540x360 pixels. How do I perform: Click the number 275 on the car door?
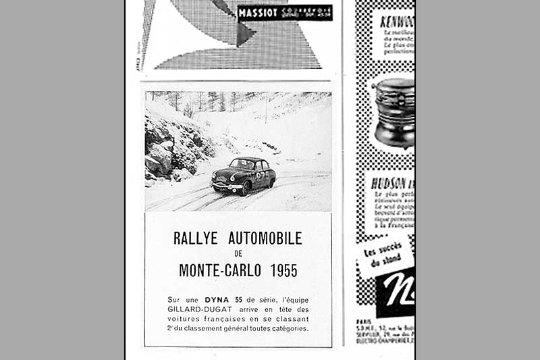[260, 175]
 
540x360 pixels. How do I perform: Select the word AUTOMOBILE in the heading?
[265, 238]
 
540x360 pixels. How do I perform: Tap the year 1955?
[283, 271]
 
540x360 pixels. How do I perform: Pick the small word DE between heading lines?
[238, 254]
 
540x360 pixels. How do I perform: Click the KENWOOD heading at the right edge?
[397, 22]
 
